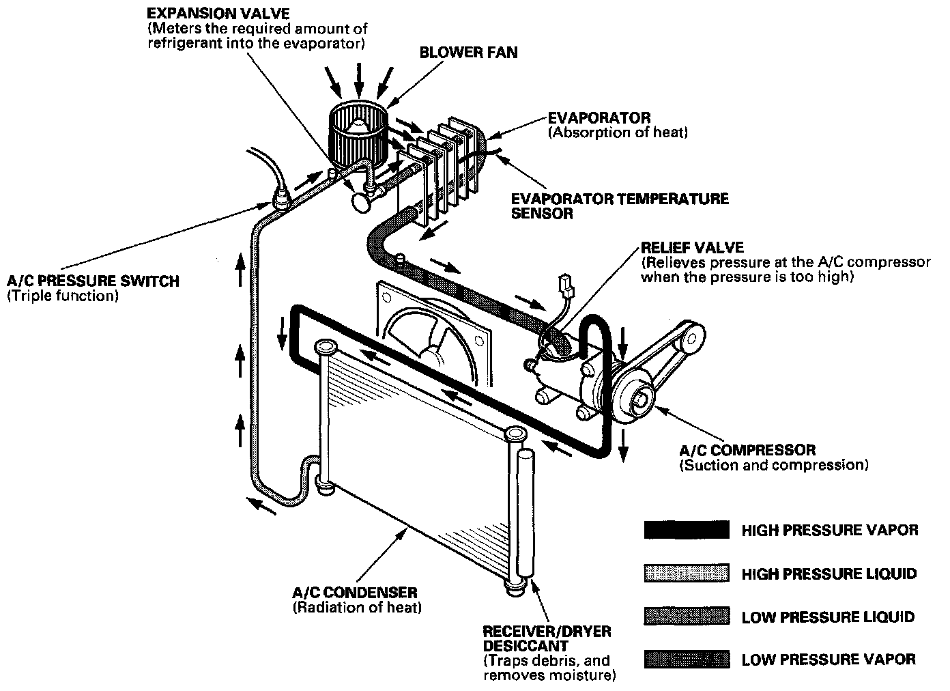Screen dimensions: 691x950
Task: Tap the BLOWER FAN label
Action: pos(468,53)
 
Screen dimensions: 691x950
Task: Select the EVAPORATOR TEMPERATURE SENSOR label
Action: pos(620,206)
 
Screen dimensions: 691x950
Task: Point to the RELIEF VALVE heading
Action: pos(692,247)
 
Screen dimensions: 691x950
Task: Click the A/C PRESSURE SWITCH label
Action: pos(93,281)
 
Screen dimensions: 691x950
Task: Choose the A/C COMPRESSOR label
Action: pos(747,451)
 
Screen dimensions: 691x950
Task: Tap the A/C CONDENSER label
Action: pos(354,593)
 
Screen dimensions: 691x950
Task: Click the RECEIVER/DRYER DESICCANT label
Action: pos(547,638)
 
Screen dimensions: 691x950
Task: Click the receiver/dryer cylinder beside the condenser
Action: pos(526,512)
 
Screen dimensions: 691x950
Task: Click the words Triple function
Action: pos(63,296)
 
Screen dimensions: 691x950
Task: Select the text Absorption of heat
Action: pos(617,132)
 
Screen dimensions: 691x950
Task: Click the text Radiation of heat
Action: pos(356,608)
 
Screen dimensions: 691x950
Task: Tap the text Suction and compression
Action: pos(773,466)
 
